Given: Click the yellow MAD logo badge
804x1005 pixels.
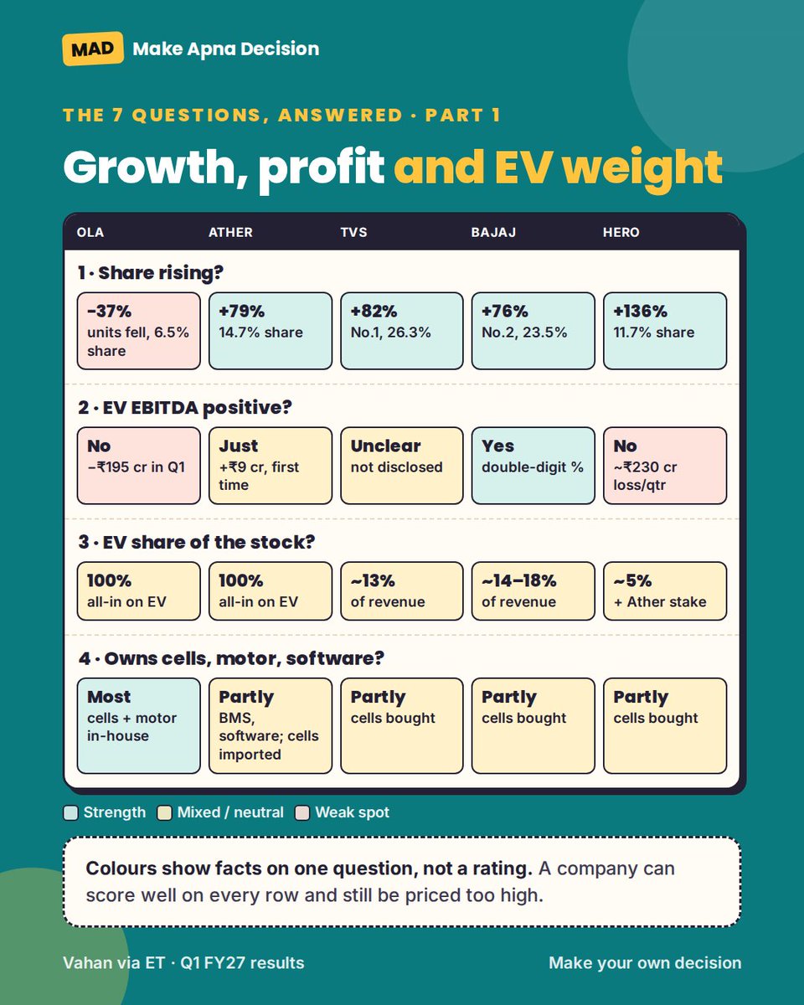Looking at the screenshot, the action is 93,49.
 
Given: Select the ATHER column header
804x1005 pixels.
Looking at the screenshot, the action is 230,232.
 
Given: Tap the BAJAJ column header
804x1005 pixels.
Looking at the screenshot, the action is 493,232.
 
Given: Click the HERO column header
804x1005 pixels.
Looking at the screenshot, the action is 621,232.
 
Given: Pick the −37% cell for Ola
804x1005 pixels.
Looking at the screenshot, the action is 139,331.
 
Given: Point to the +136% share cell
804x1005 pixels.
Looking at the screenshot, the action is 665,331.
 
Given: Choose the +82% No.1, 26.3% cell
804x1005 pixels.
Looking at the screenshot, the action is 402,331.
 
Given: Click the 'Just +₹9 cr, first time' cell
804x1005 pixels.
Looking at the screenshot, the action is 271,466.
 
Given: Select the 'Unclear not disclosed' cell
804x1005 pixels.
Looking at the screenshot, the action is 402,466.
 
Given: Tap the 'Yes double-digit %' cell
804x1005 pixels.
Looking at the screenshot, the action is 533,466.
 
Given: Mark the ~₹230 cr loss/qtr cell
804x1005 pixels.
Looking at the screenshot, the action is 665,466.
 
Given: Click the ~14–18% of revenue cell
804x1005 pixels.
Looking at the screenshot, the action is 533,591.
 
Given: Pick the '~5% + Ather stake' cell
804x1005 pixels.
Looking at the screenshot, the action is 665,591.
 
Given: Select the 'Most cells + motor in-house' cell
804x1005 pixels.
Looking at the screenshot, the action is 139,726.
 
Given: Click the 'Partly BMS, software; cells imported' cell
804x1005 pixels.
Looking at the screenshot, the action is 271,726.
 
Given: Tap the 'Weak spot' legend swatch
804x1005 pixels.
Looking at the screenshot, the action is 302,813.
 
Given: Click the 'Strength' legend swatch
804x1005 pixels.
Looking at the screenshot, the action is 70,813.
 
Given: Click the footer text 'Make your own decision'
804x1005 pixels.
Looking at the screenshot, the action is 645,963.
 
